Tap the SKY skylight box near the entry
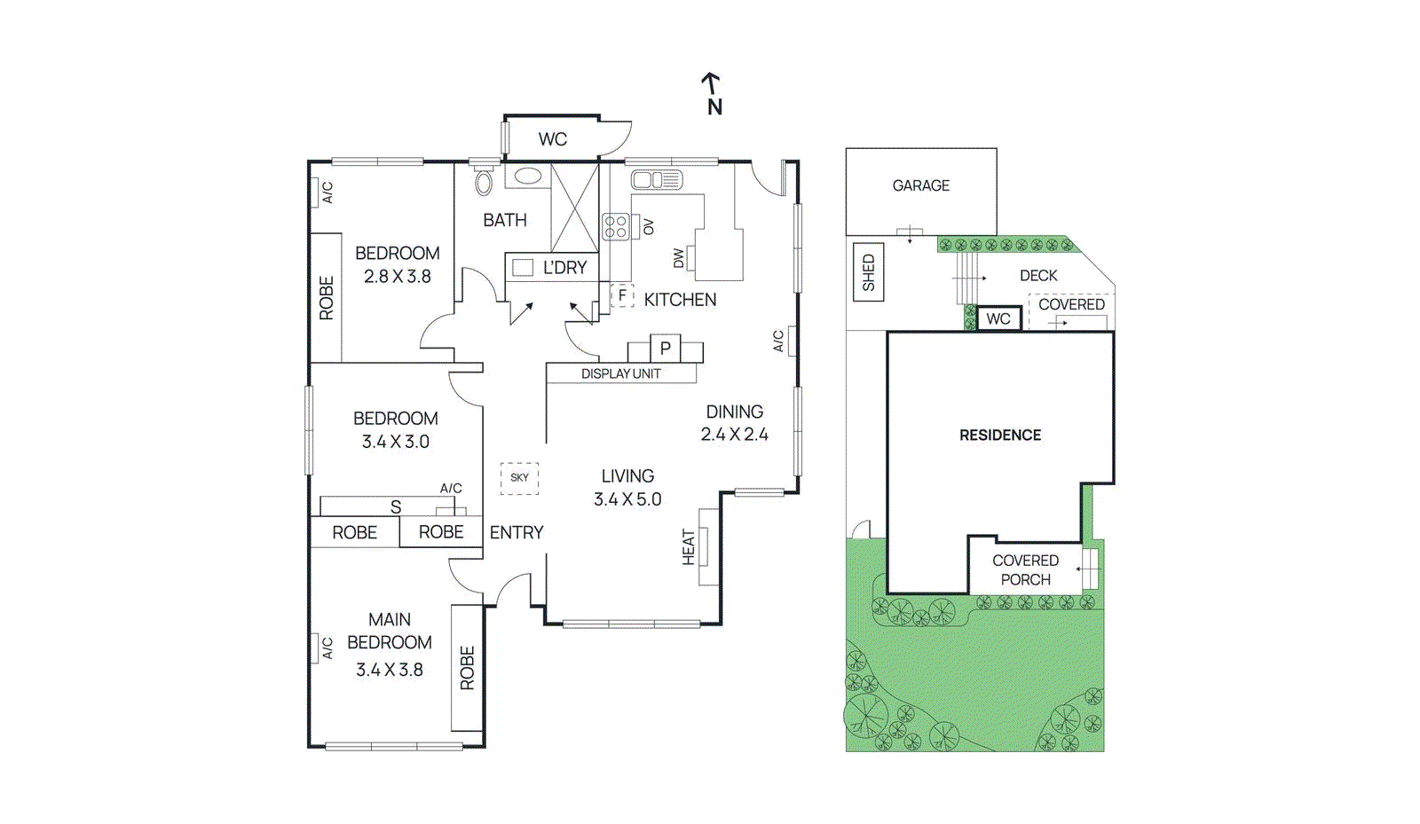(519, 477)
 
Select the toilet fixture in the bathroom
(484, 181)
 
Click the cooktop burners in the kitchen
(616, 227)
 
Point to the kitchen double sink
(656, 180)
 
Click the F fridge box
(622, 294)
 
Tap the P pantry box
(665, 348)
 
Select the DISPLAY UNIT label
(620, 373)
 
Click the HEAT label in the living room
(689, 547)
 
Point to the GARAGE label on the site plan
(920, 185)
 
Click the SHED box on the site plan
(868, 272)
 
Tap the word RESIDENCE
(1000, 435)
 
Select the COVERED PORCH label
(1025, 569)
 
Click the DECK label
(1038, 276)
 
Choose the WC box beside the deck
(998, 318)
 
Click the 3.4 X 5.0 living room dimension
(627, 499)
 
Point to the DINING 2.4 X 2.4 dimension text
(734, 434)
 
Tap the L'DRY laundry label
(564, 267)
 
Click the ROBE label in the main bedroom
(467, 668)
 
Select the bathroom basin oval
(528, 176)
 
